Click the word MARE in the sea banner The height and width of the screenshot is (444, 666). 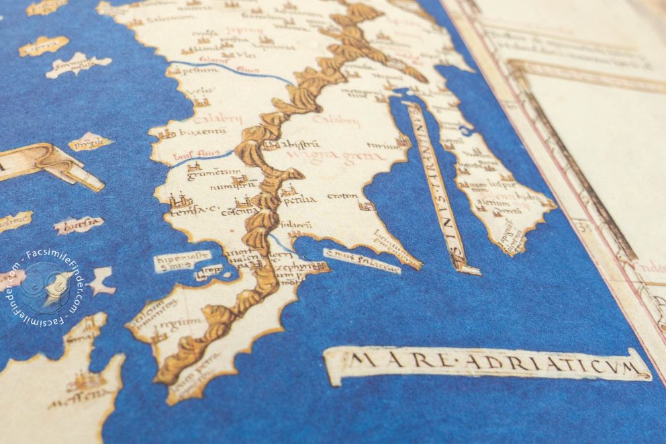tap(369, 364)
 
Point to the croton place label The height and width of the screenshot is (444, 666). tap(342, 196)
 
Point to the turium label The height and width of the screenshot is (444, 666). tap(382, 144)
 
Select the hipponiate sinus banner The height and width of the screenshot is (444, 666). tap(182, 261)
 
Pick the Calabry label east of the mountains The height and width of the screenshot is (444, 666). tap(340, 122)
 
